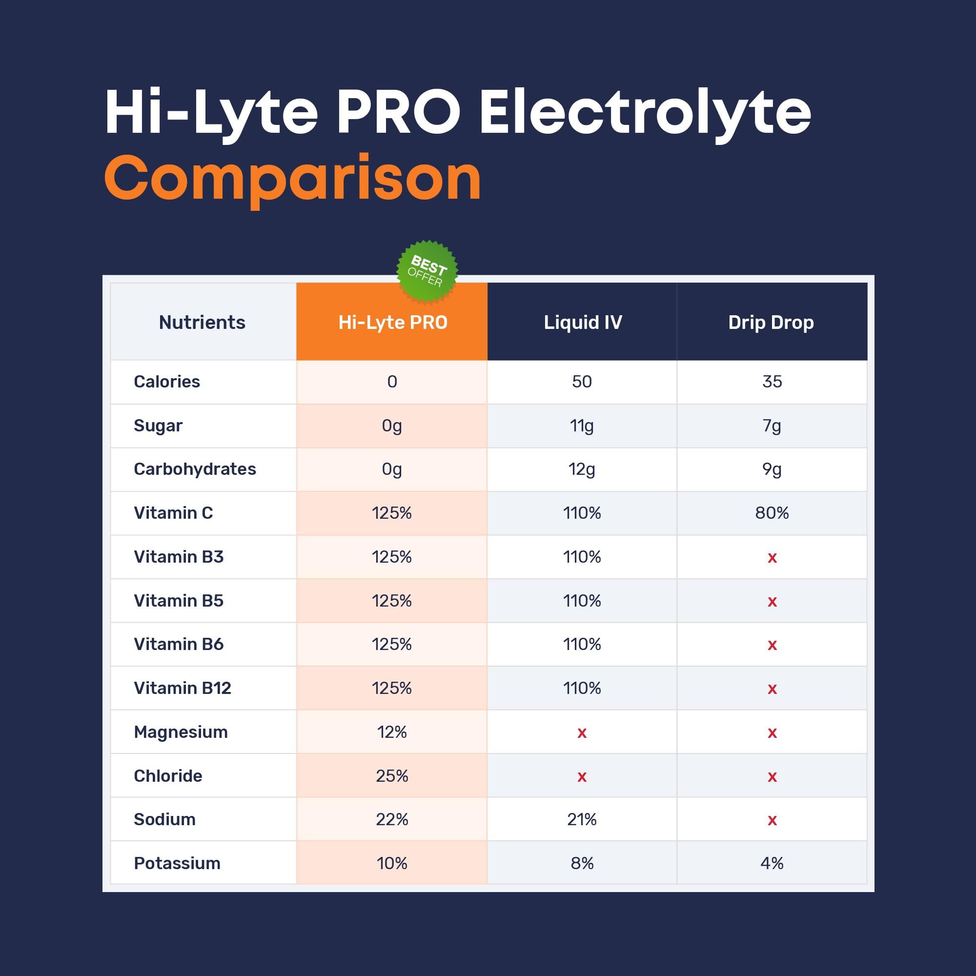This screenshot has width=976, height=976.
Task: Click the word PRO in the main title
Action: point(399,112)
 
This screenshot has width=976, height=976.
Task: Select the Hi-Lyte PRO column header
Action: point(392,323)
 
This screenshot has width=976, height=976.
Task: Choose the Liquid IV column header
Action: point(583,323)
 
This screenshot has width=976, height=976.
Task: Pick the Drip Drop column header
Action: point(771,323)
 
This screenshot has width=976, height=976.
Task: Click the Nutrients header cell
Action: point(202,323)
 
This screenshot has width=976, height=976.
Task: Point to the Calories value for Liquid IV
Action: point(582,382)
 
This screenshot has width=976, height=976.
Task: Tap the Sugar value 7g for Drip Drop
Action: point(772,426)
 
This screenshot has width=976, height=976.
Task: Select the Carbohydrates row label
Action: point(195,469)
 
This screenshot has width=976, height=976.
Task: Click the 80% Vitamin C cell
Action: point(772,513)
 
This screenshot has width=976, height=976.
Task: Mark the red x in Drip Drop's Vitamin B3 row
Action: point(772,558)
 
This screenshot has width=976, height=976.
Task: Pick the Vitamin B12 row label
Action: point(183,688)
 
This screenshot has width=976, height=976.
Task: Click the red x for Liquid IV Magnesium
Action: point(582,733)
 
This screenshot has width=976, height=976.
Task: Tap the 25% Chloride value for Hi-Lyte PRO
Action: point(392,776)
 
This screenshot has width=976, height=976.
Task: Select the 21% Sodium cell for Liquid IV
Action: point(582,819)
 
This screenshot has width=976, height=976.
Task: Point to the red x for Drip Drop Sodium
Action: point(772,820)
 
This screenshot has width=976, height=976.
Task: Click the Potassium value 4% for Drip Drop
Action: point(772,863)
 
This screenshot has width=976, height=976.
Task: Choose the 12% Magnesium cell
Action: point(392,732)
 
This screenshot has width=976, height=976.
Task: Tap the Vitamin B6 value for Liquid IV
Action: point(582,645)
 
